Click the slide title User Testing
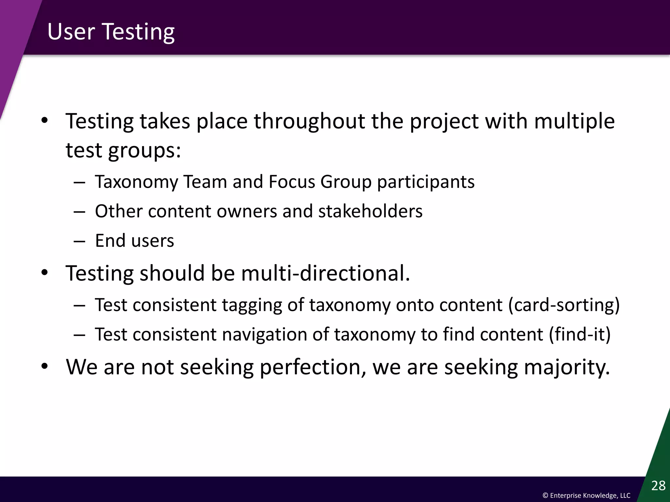pos(111,32)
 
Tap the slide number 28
pos(658,486)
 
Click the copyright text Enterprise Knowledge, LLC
pos(586,495)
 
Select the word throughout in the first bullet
pos(309,121)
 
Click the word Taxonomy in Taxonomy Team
pos(136,182)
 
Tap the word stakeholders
pos(370,211)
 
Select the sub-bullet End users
pos(134,241)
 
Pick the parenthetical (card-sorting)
pos(564,305)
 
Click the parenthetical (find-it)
pos(580,334)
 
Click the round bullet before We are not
pos(45,367)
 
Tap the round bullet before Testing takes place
pos(45,121)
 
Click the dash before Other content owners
pos(79,212)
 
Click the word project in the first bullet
pos(444,122)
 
